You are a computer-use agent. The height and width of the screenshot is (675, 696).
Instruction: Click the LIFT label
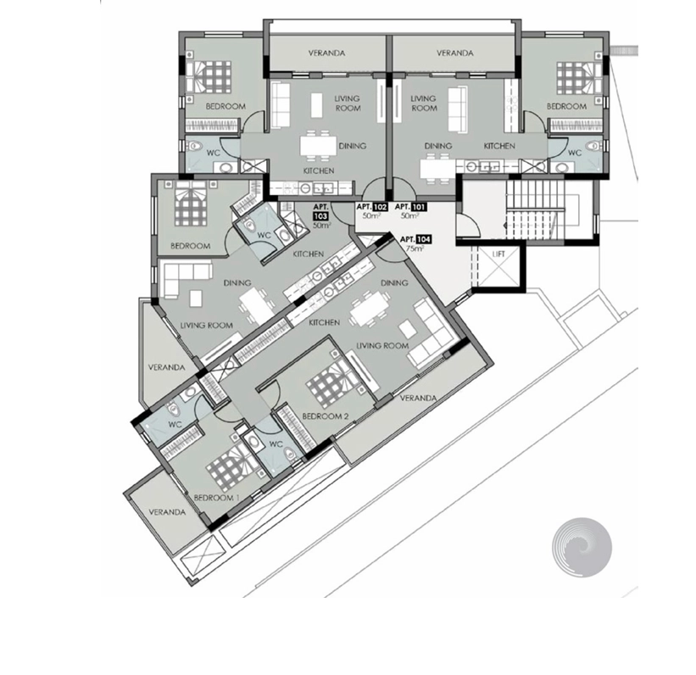click(x=498, y=254)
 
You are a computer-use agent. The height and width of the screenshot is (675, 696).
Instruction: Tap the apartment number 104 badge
click(x=424, y=239)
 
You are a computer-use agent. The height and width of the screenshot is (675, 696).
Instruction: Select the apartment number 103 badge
click(x=320, y=216)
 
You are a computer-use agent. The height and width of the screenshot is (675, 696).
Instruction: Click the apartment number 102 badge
click(x=380, y=207)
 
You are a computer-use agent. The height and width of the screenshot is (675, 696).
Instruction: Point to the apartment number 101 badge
click(x=419, y=207)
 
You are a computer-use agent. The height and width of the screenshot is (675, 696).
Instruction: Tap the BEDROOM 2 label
click(x=325, y=416)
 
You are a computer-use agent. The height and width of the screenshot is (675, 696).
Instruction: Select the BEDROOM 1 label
click(x=216, y=498)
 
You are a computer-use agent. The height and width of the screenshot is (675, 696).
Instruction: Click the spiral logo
click(x=582, y=548)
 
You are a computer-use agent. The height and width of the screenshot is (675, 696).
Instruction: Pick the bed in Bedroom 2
click(x=334, y=382)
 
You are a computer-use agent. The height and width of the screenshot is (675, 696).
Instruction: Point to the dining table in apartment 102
click(x=318, y=146)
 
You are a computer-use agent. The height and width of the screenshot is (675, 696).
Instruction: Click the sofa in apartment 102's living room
click(x=280, y=106)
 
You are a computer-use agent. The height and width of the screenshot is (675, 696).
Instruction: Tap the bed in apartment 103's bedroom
click(x=191, y=204)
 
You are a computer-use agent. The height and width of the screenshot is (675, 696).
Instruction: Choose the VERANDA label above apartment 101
click(x=455, y=53)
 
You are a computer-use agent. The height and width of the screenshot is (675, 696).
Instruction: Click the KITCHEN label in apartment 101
click(x=499, y=146)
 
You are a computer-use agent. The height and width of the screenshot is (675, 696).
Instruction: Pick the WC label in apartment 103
click(x=264, y=235)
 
